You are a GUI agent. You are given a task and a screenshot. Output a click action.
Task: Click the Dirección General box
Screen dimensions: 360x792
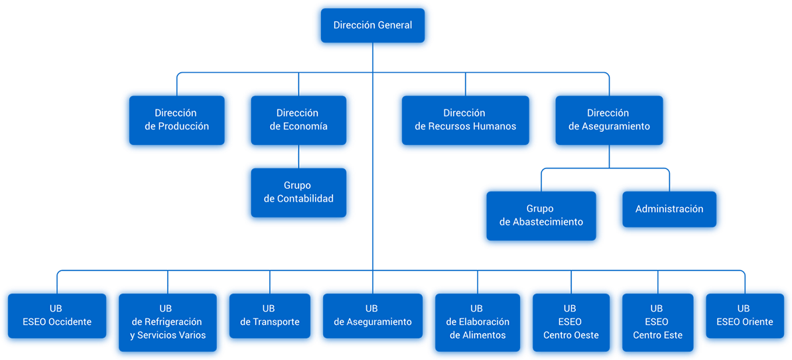click(372, 26)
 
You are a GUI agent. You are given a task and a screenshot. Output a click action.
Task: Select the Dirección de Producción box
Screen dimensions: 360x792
click(176, 120)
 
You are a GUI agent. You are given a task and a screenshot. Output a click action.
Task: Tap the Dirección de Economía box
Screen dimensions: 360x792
click(298, 120)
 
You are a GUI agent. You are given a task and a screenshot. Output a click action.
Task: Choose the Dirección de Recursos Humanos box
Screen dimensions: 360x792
click(464, 120)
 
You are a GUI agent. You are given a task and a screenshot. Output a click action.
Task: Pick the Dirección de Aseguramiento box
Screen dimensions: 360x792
click(608, 120)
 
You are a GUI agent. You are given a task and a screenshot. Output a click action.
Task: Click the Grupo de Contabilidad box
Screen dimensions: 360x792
click(298, 192)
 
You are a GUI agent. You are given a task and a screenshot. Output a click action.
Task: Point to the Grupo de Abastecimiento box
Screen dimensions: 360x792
click(541, 215)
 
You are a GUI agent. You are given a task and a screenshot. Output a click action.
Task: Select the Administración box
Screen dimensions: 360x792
click(669, 209)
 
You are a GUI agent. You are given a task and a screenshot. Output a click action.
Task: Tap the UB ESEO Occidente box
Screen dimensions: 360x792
click(56, 316)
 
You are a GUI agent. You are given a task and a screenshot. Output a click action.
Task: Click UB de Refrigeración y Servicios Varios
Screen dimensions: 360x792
click(167, 322)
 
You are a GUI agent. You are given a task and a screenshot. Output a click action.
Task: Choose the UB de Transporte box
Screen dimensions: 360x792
click(269, 316)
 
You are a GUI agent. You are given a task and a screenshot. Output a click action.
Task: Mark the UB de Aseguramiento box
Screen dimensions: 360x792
click(371, 316)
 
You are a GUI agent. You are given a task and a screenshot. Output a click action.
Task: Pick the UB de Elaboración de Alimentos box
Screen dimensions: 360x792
click(477, 322)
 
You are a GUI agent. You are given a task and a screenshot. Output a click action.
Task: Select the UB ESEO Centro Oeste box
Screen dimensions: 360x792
click(570, 322)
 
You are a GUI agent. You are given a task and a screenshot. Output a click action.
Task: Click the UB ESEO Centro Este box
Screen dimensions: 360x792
click(657, 322)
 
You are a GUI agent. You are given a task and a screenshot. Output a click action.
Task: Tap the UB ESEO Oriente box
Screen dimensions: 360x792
click(744, 316)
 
